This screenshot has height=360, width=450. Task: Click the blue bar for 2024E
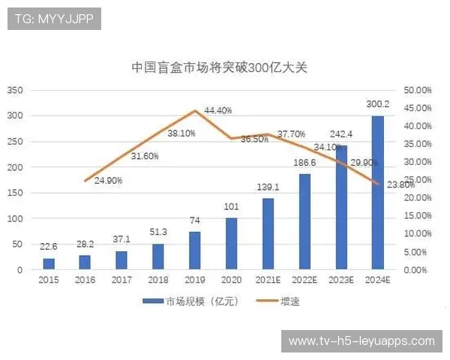click(x=378, y=193)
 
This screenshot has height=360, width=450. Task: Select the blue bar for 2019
click(x=195, y=250)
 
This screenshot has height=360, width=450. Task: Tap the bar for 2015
click(x=49, y=263)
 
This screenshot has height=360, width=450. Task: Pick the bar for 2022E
click(x=304, y=221)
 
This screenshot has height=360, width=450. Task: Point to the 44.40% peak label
click(x=218, y=110)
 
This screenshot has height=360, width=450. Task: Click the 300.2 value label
click(x=377, y=104)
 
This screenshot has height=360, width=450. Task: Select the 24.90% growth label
click(x=109, y=181)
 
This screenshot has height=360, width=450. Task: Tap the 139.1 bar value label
click(x=268, y=187)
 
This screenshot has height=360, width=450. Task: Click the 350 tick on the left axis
click(x=16, y=90)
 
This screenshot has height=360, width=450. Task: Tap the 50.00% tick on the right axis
click(x=417, y=90)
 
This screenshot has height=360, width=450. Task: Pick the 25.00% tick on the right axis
click(x=417, y=180)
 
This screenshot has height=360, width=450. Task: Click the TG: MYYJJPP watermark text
click(x=55, y=19)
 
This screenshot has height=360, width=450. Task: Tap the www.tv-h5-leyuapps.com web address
click(x=361, y=341)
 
